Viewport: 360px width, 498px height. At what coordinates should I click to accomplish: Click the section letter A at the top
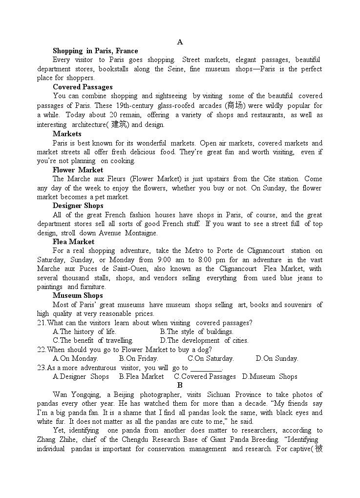pos(180,42)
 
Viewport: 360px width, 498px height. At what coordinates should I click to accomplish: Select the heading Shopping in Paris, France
pos(95,51)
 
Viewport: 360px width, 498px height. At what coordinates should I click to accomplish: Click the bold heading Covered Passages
pos(83,87)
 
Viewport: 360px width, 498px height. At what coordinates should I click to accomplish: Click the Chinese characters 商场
pos(235,105)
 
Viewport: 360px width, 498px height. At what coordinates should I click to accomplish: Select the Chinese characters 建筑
pos(118,124)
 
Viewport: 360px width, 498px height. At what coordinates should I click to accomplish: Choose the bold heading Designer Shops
pos(78,206)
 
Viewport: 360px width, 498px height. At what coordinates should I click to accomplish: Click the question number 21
pos(41,323)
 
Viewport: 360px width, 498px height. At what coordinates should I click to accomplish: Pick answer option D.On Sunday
pos(277,358)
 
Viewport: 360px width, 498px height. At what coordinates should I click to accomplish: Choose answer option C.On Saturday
pos(211,358)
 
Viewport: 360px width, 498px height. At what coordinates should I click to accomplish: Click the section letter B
pos(180,385)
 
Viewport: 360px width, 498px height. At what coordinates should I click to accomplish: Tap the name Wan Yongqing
pos(77,394)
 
